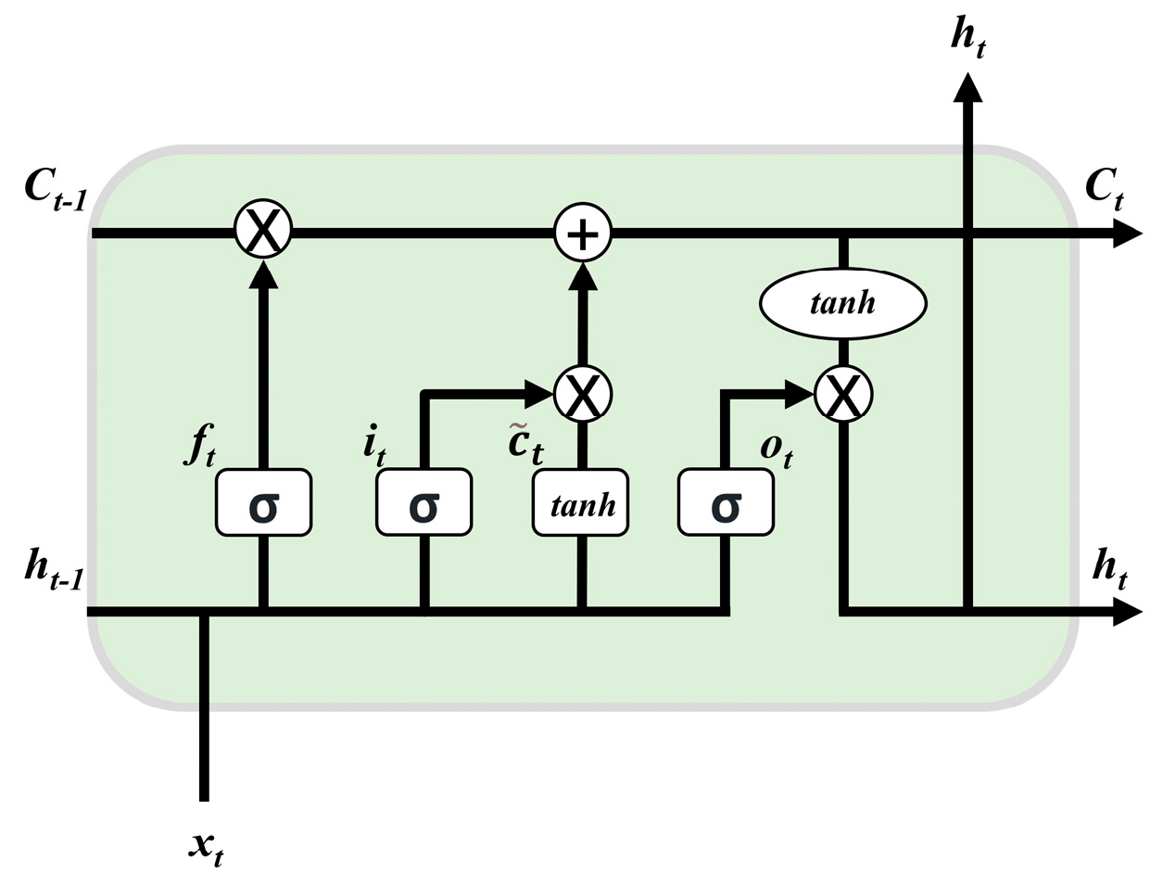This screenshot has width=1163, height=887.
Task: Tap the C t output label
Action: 1105,189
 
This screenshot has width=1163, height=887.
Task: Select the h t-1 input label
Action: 54,568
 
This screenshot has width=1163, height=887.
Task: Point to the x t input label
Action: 206,846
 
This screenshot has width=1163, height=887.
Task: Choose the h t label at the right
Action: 1109,567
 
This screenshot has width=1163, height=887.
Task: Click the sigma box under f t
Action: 263,502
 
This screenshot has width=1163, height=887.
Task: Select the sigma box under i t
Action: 423,502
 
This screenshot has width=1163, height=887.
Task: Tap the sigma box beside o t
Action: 726,502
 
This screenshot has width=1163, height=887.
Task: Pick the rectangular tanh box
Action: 581,502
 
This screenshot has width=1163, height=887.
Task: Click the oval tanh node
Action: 842,302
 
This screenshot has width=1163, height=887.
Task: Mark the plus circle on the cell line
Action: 583,233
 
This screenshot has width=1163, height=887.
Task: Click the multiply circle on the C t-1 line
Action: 263,231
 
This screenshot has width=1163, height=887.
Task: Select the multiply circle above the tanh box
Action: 583,395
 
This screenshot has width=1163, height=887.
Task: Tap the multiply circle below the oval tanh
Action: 843,395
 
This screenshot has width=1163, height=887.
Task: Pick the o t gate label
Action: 776,449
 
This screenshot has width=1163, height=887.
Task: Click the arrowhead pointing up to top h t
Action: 968,87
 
